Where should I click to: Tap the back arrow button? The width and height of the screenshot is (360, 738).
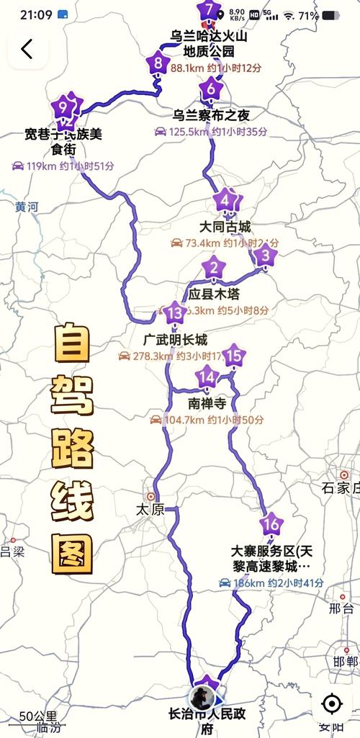(x=27, y=49)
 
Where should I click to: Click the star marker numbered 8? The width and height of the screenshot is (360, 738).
(x=158, y=63)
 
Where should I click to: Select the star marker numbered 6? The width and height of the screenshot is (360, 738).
(x=210, y=90)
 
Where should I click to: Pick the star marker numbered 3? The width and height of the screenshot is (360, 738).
(x=265, y=255)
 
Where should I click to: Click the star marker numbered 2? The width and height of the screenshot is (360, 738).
(x=214, y=270)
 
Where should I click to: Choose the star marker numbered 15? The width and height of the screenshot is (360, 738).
(x=233, y=356)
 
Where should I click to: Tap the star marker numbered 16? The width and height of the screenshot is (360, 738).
(x=271, y=524)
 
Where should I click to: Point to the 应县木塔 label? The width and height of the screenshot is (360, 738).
(x=214, y=294)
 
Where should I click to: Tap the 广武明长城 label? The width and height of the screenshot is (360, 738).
(x=175, y=340)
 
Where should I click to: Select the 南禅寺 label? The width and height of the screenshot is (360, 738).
(x=207, y=403)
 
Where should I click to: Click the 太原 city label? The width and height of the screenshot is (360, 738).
(x=150, y=509)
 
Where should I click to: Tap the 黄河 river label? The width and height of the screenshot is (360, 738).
(x=26, y=207)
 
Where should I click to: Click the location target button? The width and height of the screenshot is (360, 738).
(x=331, y=703)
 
